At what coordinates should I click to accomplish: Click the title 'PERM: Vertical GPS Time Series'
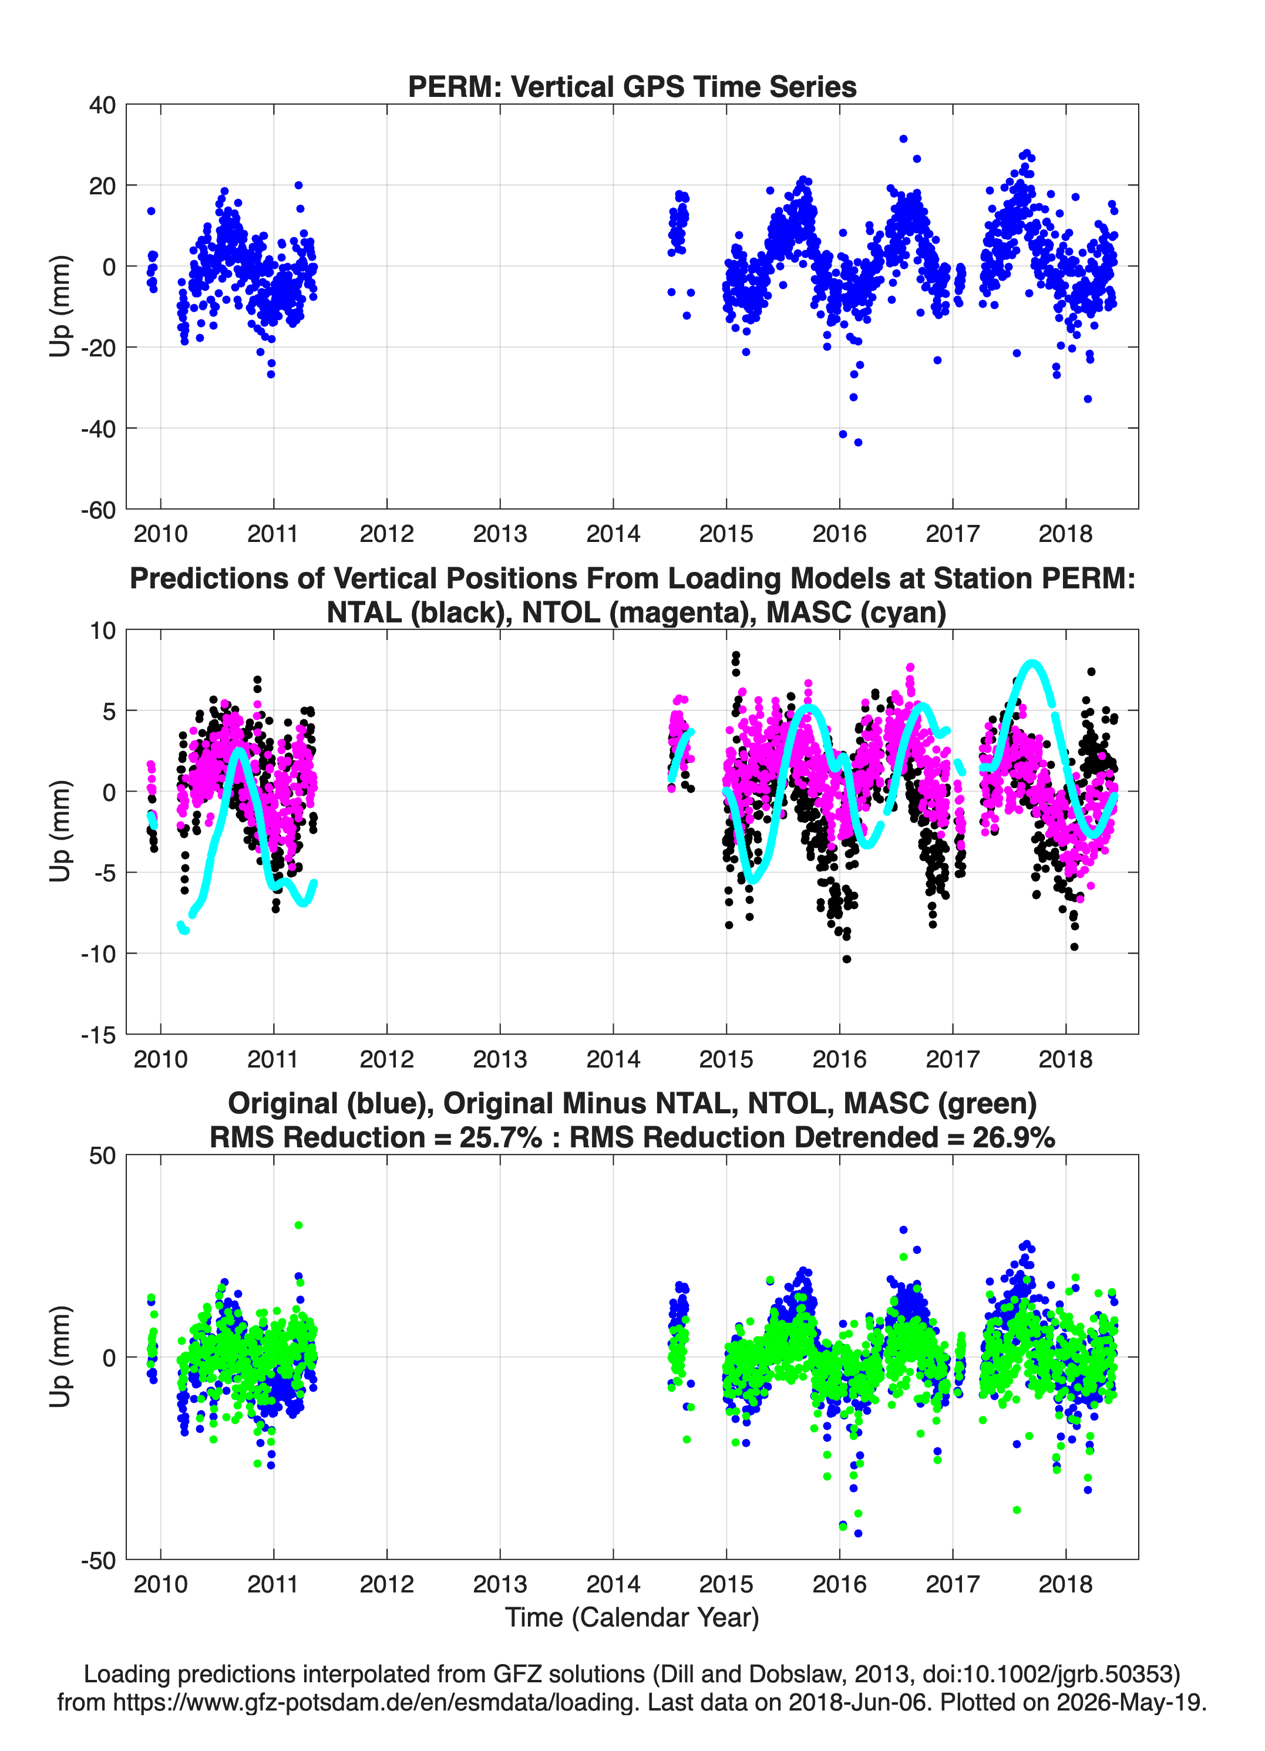pyautogui.click(x=632, y=86)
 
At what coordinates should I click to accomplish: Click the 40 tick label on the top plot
pyautogui.click(x=102, y=105)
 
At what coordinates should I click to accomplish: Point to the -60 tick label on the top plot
pyautogui.click(x=98, y=510)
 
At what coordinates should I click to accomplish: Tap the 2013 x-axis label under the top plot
pyautogui.click(x=500, y=534)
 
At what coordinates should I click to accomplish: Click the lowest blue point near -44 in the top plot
pyautogui.click(x=858, y=442)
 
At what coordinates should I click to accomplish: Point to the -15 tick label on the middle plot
pyautogui.click(x=98, y=1035)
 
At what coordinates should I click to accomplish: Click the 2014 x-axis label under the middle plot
pyautogui.click(x=613, y=1059)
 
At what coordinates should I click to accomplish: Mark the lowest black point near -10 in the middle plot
pyautogui.click(x=846, y=959)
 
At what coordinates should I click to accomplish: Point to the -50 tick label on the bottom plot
pyautogui.click(x=98, y=1560)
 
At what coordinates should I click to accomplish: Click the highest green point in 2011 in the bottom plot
pyautogui.click(x=298, y=1225)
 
